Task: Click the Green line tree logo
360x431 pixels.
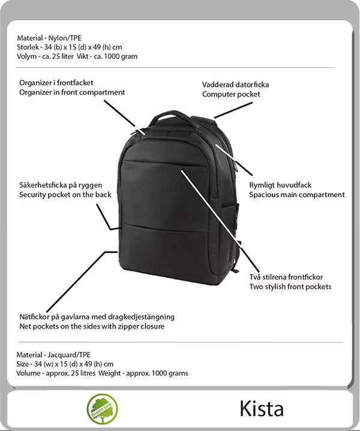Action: (x=102, y=409)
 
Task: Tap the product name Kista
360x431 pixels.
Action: (x=262, y=409)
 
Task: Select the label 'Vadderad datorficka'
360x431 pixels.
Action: (x=235, y=85)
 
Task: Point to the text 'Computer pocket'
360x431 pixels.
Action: (x=231, y=94)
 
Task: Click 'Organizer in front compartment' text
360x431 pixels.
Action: (x=72, y=92)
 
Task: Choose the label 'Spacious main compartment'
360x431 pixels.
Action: (x=297, y=194)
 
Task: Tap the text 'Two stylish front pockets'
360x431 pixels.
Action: (x=290, y=286)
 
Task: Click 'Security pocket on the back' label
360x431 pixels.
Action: (x=65, y=194)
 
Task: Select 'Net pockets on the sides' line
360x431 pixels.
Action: (x=91, y=327)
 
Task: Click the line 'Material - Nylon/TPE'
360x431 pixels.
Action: (x=50, y=38)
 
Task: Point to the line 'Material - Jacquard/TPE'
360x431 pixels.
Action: (x=55, y=354)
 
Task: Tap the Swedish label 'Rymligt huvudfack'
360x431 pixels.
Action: (x=280, y=185)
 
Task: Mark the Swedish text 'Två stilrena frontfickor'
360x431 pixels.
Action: (x=286, y=277)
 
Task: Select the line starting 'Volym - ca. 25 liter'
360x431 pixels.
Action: (x=77, y=56)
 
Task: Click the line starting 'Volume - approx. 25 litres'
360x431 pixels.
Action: (x=102, y=373)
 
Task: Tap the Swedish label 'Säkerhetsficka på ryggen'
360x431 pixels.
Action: (x=62, y=185)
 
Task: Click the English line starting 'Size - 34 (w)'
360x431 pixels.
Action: (x=65, y=364)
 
